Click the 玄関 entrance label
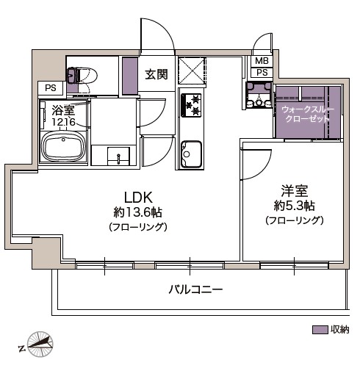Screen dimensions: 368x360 [156, 73]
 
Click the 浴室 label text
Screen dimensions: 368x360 [63, 110]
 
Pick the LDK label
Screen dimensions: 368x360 [137, 197]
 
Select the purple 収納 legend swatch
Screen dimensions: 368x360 [320, 330]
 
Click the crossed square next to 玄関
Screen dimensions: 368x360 [192, 72]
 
